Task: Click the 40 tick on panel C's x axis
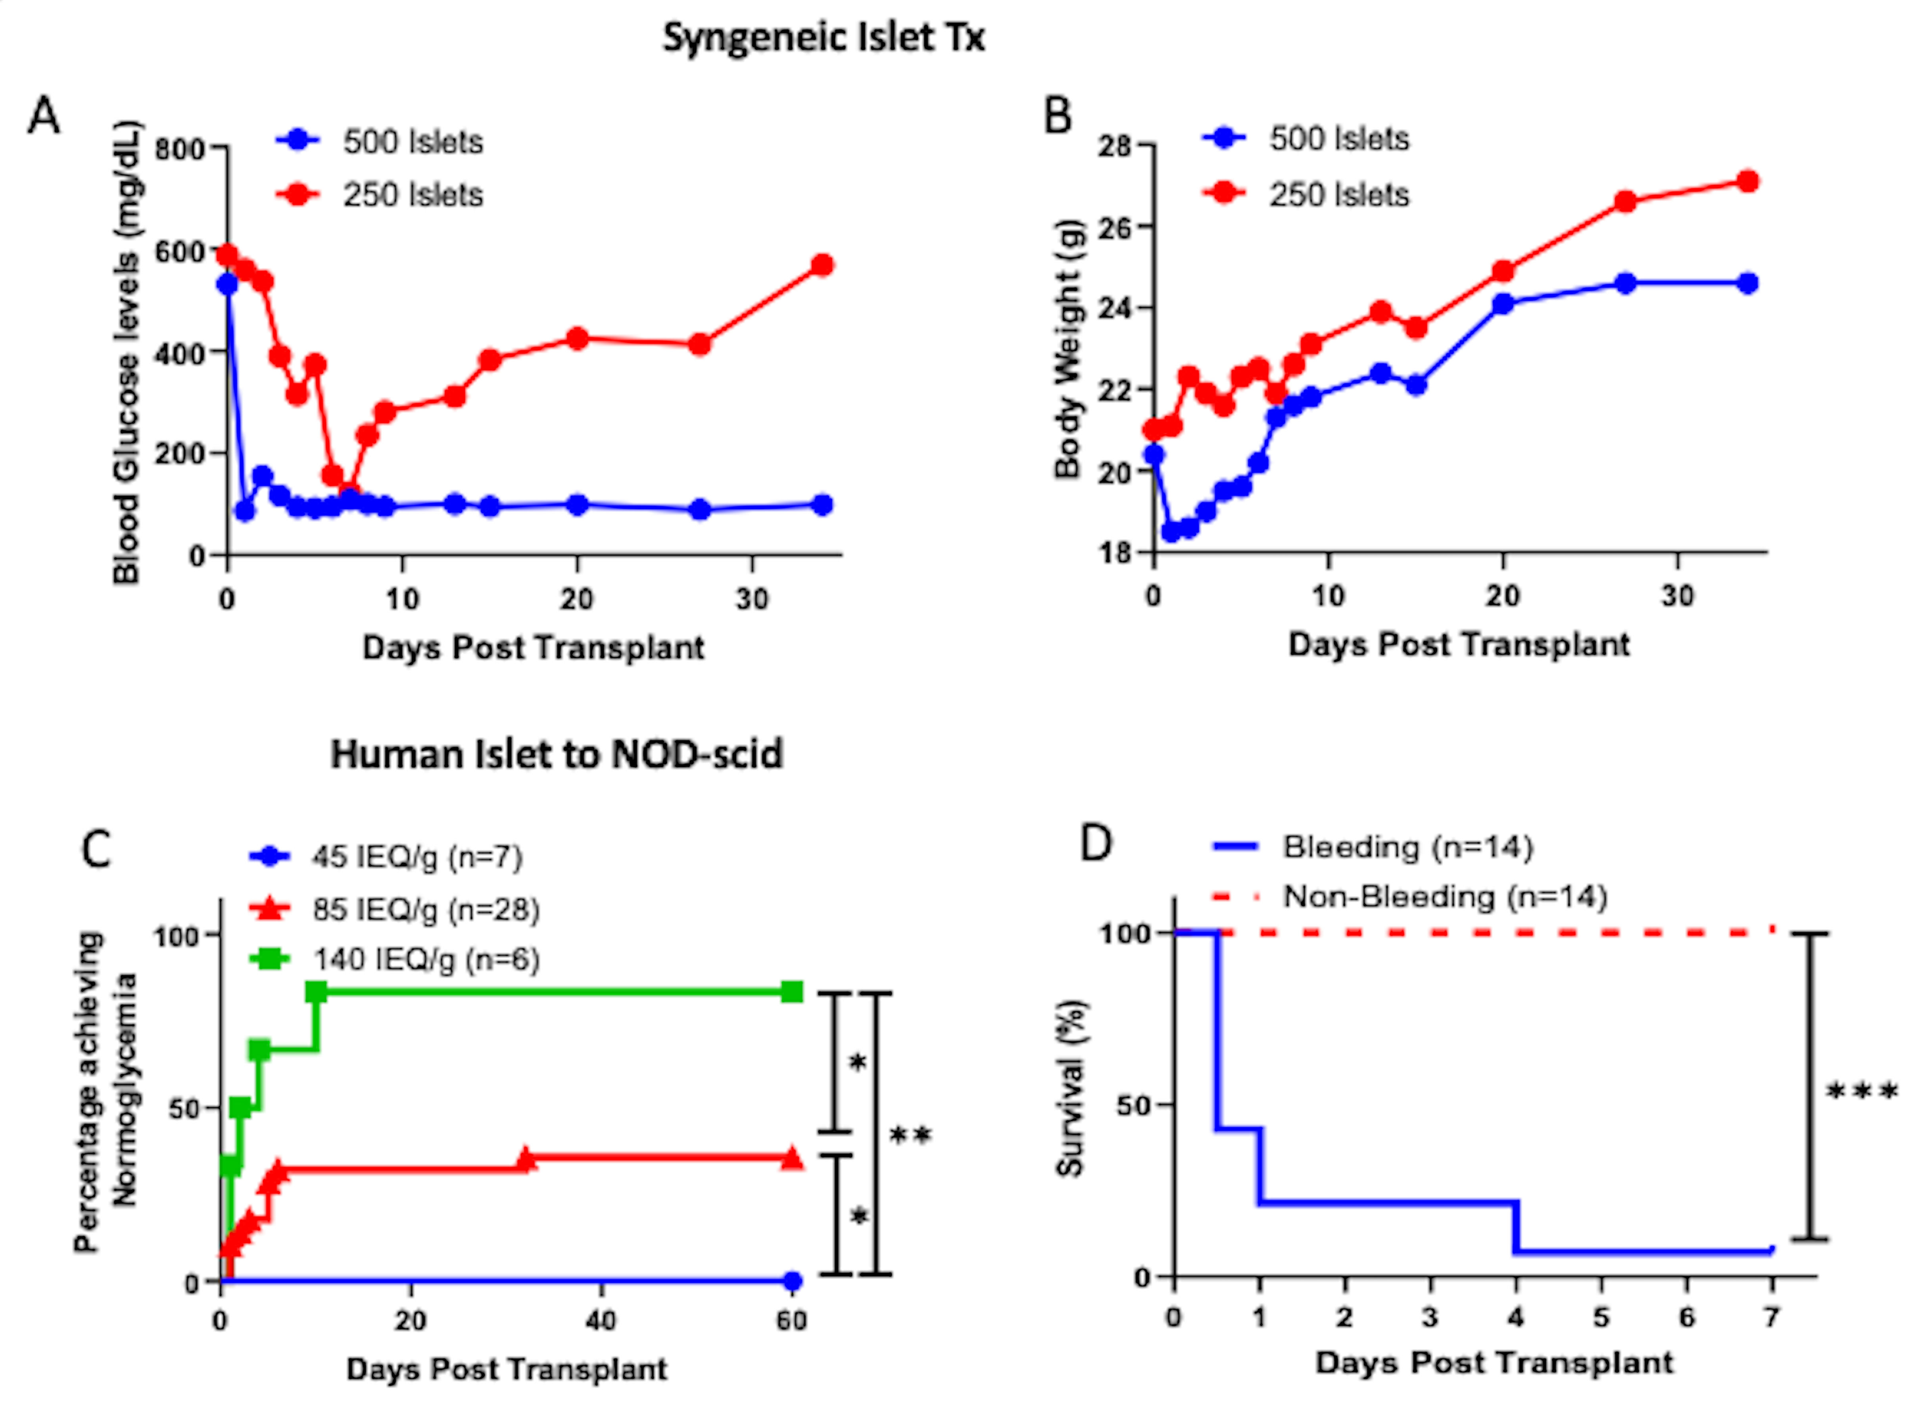pyautogui.click(x=601, y=1320)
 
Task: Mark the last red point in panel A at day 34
pyautogui.click(x=821, y=265)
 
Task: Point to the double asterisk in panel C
pyautogui.click(x=910, y=1136)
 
